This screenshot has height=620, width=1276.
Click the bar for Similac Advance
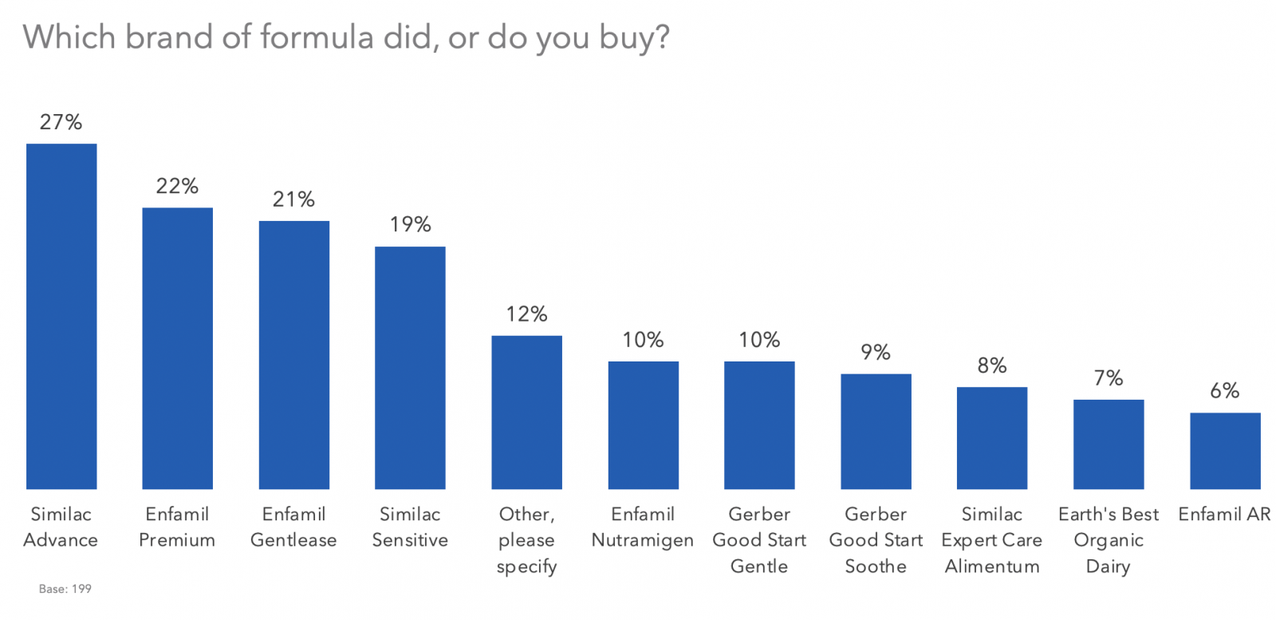point(61,316)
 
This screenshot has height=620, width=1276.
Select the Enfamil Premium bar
point(177,348)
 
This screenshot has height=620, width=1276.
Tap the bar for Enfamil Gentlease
point(293,354)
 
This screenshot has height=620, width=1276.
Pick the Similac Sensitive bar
point(410,367)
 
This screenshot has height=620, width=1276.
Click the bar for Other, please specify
point(526,412)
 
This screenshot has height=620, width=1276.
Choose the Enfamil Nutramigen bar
point(643,425)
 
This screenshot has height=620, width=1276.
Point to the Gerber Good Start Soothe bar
point(876,431)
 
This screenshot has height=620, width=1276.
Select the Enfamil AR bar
point(1225,450)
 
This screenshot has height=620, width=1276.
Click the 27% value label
point(61,122)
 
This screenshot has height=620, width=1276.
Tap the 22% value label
point(177,186)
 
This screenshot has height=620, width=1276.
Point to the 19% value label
point(410,224)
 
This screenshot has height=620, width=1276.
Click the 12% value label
point(526,314)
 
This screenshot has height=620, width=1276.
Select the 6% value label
point(1225,390)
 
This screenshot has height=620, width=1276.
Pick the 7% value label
point(1109,377)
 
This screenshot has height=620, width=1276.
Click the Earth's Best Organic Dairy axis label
point(1109,540)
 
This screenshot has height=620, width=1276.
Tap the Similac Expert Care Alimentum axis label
point(992,540)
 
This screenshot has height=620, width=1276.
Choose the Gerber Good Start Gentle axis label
point(759,540)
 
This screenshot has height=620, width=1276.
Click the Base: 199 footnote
point(65,589)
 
